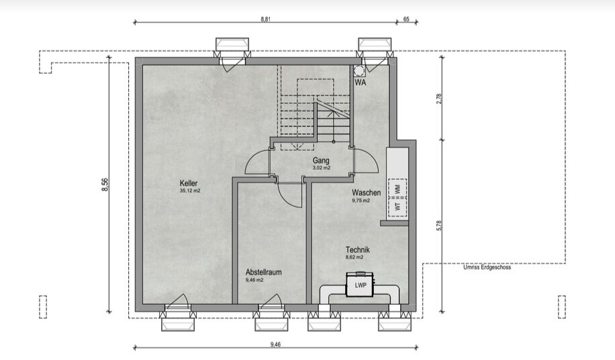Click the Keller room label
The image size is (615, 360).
pos(189,183)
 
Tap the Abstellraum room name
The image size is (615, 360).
pos(264,272)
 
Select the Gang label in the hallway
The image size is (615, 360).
pos(321,161)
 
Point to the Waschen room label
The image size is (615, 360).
pos(367,193)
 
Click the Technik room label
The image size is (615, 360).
pos(358,250)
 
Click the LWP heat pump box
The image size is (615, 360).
pos(361,285)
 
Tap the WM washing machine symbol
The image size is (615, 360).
pos(397,189)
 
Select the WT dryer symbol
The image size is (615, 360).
pos(397,207)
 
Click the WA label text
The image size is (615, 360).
pos(361,83)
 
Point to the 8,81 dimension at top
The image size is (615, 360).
pos(265,19)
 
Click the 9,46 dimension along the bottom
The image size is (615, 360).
pos(275,345)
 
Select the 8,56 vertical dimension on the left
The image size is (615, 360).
pos(105,185)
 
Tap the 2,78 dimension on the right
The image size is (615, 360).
pos(439,98)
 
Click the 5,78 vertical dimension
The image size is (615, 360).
pos(439,226)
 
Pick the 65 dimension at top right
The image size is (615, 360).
pos(406,19)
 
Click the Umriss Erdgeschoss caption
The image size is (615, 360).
pos(487,267)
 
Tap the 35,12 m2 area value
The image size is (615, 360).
pos(190,191)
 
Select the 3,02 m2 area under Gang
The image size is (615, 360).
pos(321,168)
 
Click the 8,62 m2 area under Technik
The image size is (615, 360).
pos(354,257)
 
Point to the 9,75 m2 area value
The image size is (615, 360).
pos(361,200)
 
